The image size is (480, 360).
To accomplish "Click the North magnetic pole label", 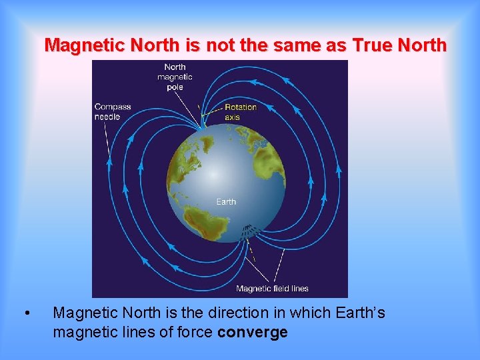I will coord(175,77).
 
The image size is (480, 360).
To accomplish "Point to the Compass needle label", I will coord(113,111).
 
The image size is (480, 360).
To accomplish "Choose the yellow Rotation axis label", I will coord(240,112).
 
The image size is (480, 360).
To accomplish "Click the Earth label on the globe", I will coord(226,201).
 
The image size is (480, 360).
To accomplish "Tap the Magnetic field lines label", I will coord(272,289).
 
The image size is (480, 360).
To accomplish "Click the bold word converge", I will coord(253,332).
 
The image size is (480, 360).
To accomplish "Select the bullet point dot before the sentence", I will coord(25,313).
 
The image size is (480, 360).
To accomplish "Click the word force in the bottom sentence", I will coord(193,332).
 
